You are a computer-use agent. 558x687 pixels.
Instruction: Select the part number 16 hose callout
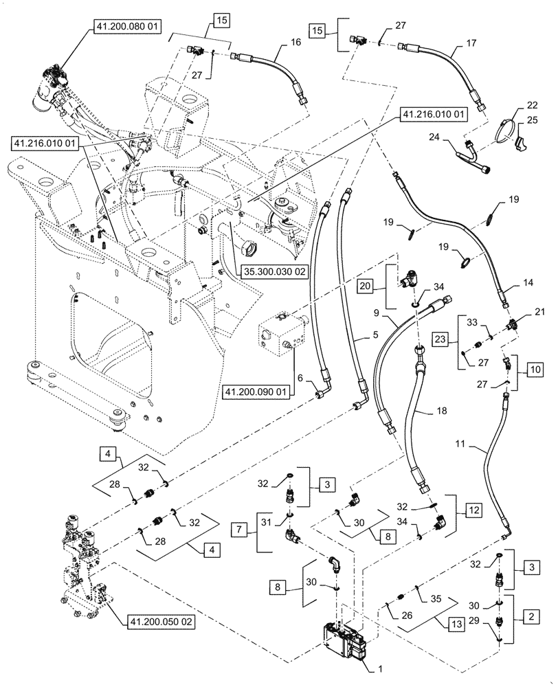tap(277, 42)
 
